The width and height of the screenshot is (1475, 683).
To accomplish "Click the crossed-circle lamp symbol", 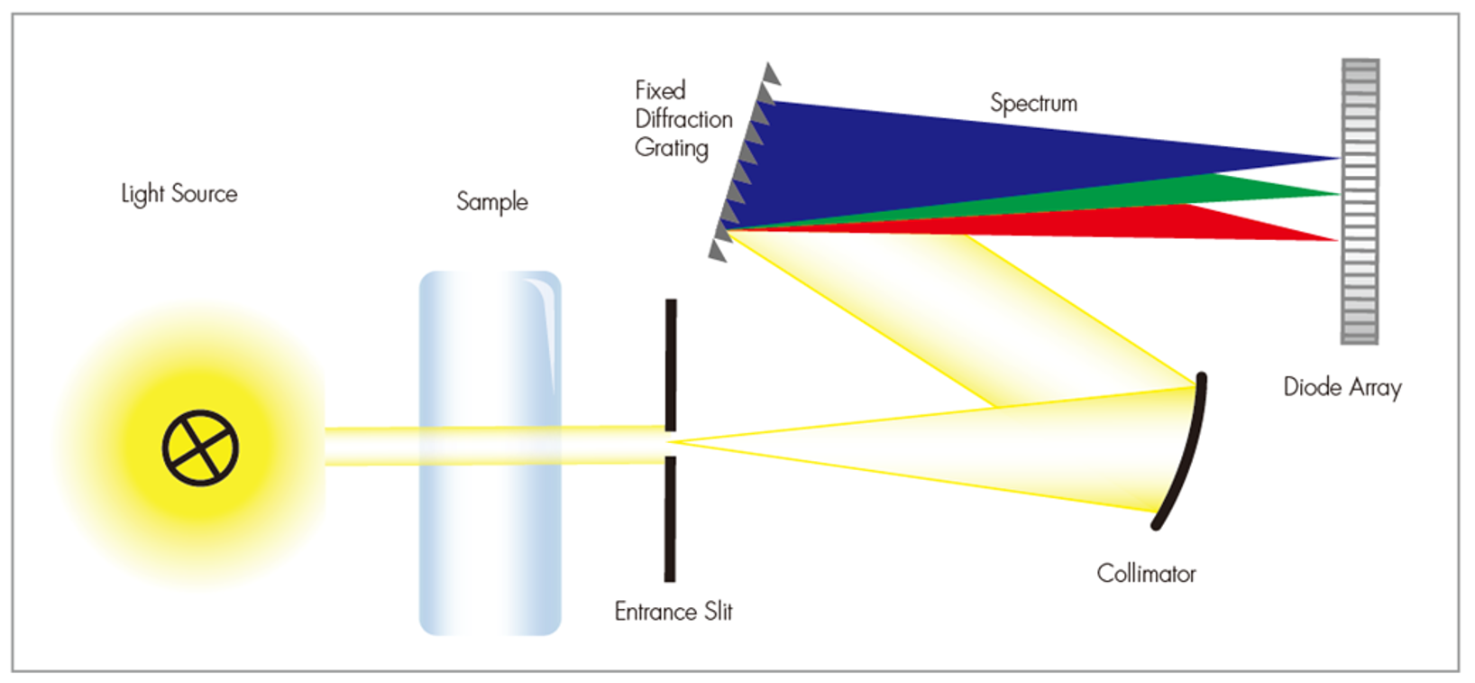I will (200, 448).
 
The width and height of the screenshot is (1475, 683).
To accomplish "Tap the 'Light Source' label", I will (179, 194).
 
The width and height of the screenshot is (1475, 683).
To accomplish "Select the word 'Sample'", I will (491, 201).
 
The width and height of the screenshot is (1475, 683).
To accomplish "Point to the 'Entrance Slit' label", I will (673, 612).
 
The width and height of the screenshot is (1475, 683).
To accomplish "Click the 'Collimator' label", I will (1146, 574).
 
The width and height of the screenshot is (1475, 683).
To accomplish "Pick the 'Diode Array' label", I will (1342, 387).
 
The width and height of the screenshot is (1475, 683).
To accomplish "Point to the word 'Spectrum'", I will (1033, 103).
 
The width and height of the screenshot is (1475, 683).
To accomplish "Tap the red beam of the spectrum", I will (1172, 222).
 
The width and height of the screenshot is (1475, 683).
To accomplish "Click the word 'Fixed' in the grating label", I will (660, 90).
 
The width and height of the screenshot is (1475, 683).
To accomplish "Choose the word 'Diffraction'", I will (683, 119).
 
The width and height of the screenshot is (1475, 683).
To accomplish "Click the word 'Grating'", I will (671, 148).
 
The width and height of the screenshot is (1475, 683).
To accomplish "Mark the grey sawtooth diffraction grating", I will (744, 162).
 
